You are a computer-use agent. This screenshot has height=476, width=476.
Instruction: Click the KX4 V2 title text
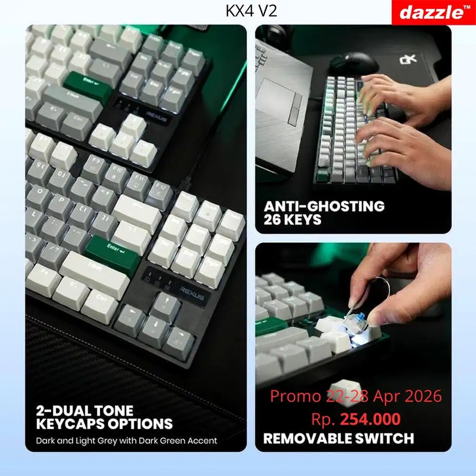point(251,11)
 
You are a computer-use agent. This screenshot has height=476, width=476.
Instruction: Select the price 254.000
point(370,419)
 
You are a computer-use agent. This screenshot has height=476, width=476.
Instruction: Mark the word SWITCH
point(387,438)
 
